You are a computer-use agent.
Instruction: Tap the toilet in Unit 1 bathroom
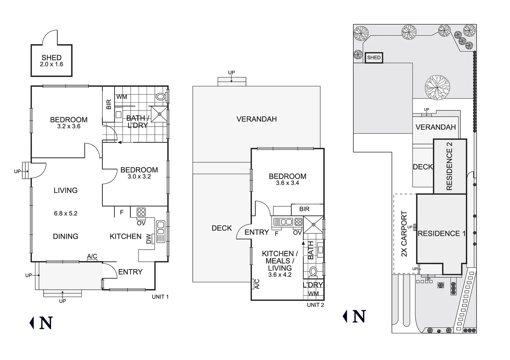161,97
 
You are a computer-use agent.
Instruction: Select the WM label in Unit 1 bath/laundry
122,97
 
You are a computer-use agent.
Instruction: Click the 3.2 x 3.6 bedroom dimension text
69,127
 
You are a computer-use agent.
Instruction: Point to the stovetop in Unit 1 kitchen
141,212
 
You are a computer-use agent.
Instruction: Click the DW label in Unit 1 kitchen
148,238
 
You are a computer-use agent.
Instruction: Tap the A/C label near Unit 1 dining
92,256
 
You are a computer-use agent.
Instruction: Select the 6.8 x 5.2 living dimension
66,213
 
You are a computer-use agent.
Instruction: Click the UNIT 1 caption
160,297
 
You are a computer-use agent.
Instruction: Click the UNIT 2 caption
315,305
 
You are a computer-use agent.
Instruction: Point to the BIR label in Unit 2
304,209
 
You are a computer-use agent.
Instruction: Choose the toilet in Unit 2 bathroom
313,272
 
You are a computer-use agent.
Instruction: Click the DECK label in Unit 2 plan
222,228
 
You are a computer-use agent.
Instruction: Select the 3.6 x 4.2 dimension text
280,275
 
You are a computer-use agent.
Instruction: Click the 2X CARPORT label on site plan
404,234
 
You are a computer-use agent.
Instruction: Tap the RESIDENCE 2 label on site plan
449,166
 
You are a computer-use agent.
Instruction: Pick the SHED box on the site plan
374,58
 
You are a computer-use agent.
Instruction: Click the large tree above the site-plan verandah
437,87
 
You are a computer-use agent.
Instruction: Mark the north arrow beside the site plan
354,316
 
